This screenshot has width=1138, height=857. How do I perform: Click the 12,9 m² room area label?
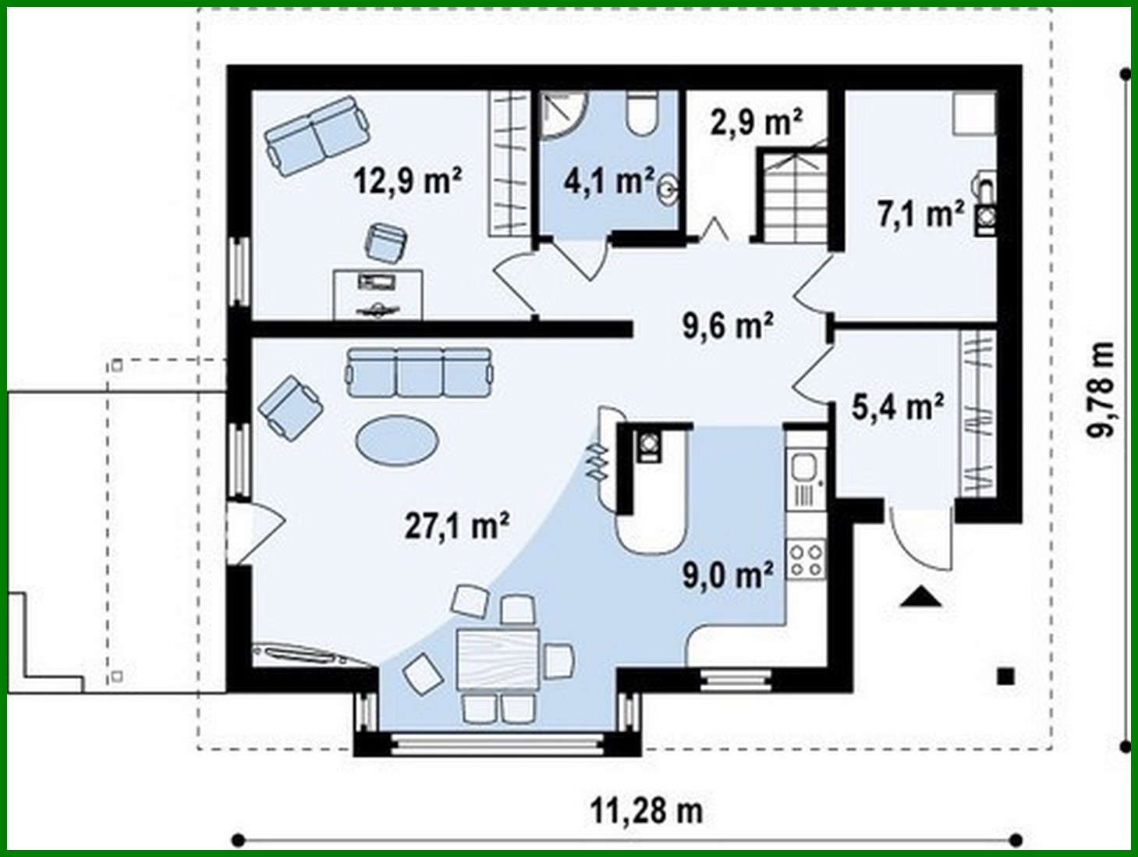tap(407, 180)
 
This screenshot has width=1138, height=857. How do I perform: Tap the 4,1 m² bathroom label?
tap(608, 181)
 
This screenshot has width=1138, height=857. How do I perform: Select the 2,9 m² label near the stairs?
tap(756, 122)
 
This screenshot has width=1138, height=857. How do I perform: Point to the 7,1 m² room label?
tap(920, 213)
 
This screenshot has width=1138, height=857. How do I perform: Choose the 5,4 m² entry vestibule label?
tap(898, 407)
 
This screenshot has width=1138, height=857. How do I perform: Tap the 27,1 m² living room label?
tap(457, 525)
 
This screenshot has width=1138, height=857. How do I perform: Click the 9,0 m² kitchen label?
tap(729, 575)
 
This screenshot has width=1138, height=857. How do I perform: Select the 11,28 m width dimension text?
tap(646, 811)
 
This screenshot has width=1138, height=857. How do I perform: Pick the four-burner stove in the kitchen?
tap(806, 559)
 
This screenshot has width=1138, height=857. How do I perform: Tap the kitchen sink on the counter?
tap(803, 469)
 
